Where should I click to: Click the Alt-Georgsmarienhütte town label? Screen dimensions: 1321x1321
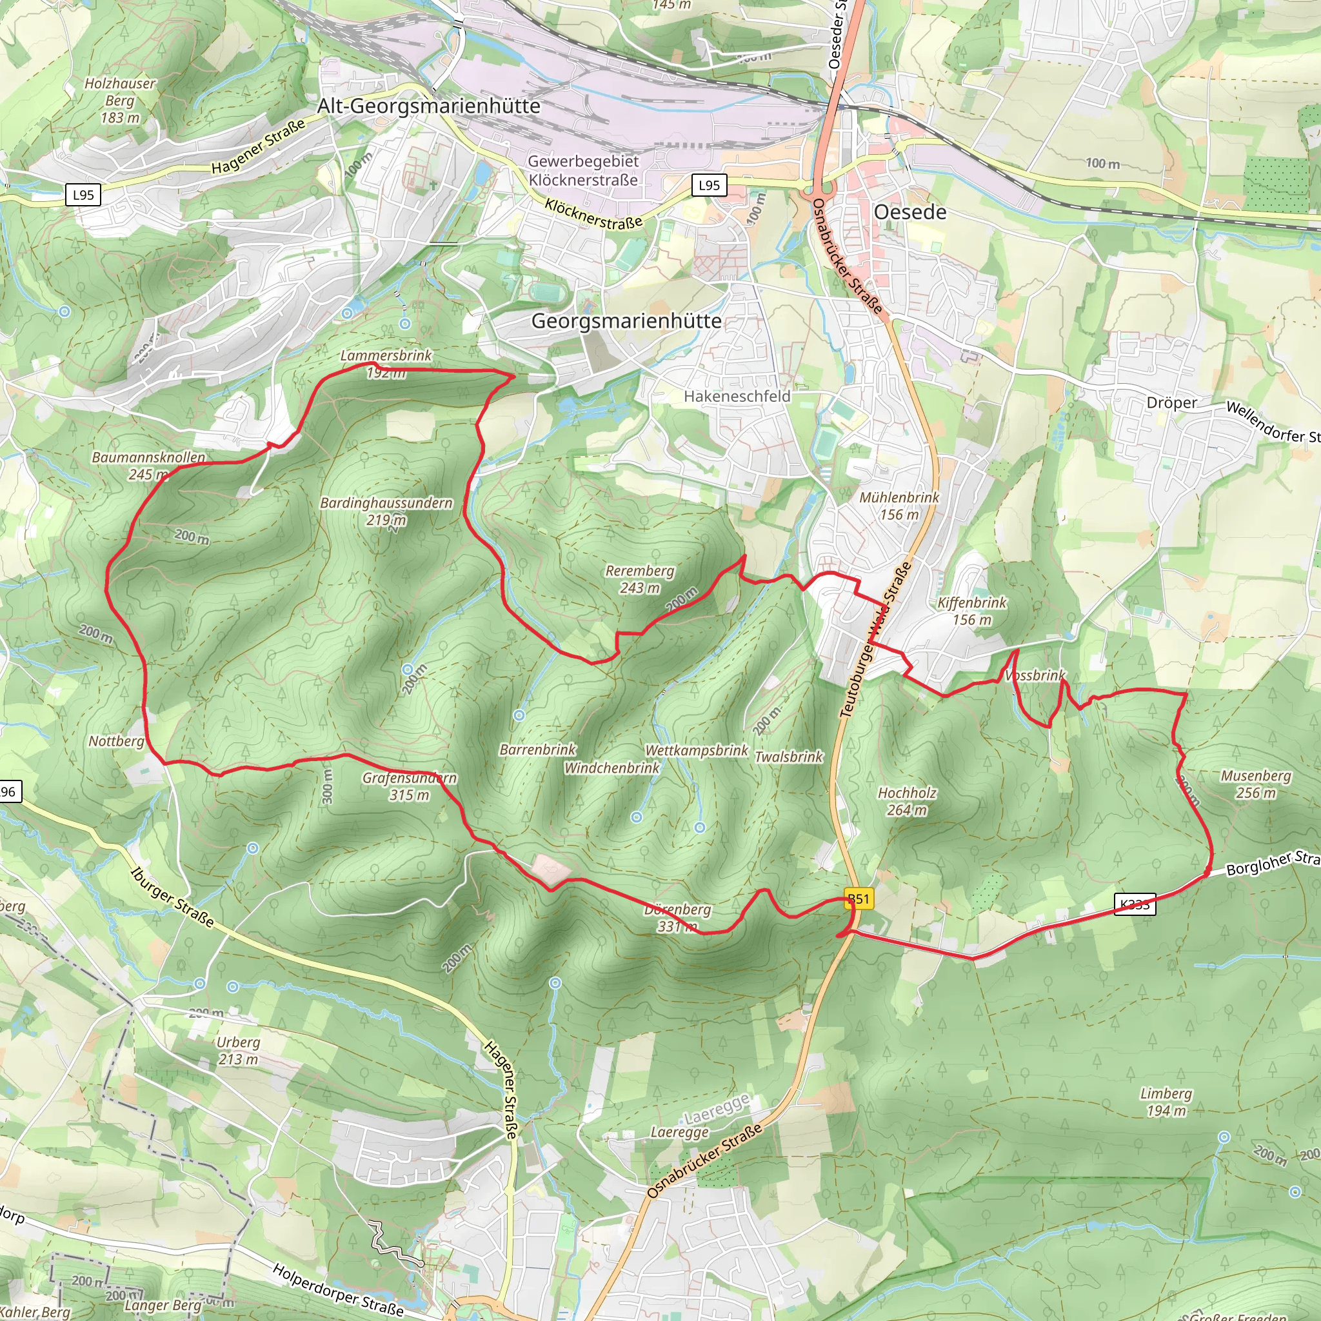[429, 106]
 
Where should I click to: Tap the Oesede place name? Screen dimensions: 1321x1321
[910, 212]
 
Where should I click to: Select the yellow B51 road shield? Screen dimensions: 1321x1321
[858, 899]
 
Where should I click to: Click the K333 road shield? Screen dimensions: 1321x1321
[1135, 904]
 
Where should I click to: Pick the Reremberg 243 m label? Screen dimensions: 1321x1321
[639, 579]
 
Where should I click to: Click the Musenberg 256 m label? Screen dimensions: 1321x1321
[1256, 784]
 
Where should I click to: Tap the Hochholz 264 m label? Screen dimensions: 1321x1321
[907, 801]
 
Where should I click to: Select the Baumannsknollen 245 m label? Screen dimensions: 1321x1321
[148, 466]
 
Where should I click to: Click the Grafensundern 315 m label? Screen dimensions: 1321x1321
[409, 786]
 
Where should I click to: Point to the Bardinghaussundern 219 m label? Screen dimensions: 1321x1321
[386, 512]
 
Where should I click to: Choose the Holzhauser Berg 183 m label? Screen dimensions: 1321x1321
[121, 101]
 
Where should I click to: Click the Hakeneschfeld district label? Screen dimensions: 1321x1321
[737, 397]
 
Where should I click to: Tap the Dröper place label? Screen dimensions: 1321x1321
[1171, 402]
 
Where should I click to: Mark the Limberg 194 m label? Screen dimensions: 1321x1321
[1166, 1102]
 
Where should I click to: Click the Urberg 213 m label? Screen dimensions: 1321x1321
[238, 1050]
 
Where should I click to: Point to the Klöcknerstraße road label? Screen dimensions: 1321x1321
[593, 214]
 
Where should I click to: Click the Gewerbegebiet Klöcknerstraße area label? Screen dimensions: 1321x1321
[583, 170]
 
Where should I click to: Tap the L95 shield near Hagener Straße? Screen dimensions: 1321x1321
[83, 195]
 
